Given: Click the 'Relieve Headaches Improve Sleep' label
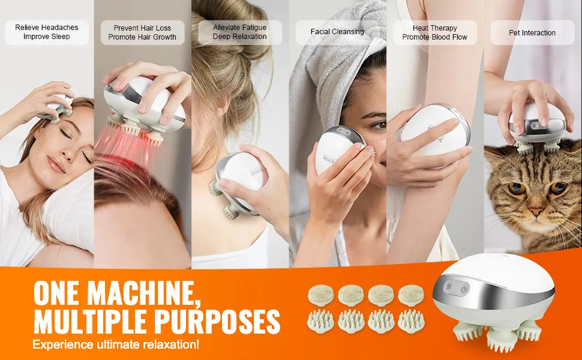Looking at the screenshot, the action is click(47, 32).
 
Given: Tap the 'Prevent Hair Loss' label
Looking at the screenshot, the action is click(142, 28).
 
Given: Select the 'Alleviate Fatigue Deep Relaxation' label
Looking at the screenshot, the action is click(240, 32).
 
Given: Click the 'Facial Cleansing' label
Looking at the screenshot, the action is click(337, 32).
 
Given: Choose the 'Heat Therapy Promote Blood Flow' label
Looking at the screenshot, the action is click(434, 32).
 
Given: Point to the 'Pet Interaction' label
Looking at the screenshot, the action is click(532, 32).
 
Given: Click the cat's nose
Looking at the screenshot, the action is click(536, 212).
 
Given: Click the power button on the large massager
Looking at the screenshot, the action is click(464, 289).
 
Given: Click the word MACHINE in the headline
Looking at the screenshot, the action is click(142, 293).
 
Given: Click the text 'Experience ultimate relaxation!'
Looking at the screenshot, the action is click(116, 344).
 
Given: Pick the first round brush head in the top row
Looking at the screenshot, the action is click(320, 295).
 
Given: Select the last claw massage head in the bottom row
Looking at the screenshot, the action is click(411, 320).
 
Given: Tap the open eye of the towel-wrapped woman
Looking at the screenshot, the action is click(380, 126).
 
